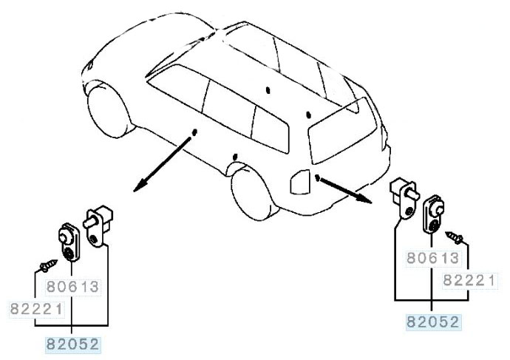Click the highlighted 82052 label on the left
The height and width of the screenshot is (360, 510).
pyautogui.click(x=72, y=344)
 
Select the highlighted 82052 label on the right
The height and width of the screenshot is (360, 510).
pyautogui.click(x=433, y=322)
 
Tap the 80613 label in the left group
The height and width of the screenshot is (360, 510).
pyautogui.click(x=72, y=287)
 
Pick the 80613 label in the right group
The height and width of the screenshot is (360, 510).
pyautogui.click(x=433, y=258)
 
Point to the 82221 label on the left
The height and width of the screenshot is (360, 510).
pyautogui.click(x=36, y=308)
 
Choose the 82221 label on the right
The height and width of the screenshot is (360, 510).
pyautogui.click(x=469, y=280)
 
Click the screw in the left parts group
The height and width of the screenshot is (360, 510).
pyautogui.click(x=48, y=265)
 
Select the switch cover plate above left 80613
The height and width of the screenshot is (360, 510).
pyautogui.click(x=69, y=242)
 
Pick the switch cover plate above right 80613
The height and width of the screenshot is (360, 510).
pyautogui.click(x=434, y=214)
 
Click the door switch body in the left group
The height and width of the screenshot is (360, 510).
pyautogui.click(x=98, y=225)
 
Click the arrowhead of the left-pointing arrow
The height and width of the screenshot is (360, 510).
pyautogui.click(x=140, y=187)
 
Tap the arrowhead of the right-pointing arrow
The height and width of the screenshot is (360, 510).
pyautogui.click(x=364, y=198)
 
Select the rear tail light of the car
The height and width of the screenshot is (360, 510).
pyautogui.click(x=299, y=182)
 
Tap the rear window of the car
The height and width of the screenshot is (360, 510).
pyautogui.click(x=342, y=131)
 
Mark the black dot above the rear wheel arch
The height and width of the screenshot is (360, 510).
pyautogui.click(x=235, y=157)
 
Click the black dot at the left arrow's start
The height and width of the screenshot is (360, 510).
pyautogui.click(x=194, y=132)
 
